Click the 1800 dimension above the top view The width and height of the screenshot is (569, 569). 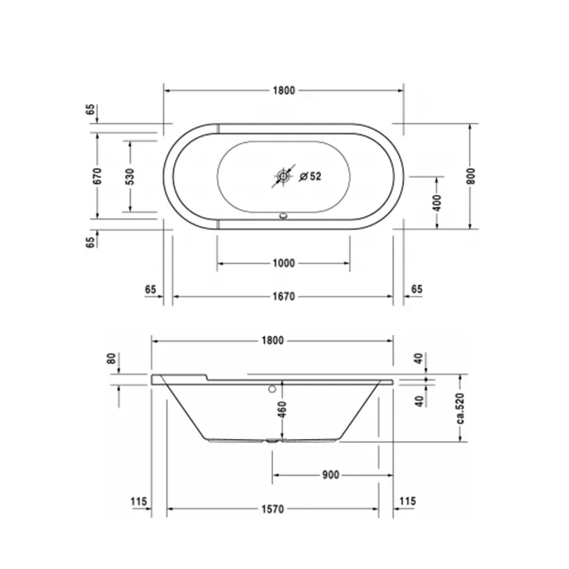click(284, 90)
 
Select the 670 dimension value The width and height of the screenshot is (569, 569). click(98, 176)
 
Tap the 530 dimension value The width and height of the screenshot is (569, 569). click(130, 176)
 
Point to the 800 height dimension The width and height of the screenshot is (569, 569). click(471, 176)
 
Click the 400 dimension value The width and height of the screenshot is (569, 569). click(437, 203)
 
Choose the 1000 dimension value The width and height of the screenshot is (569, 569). click(284, 263)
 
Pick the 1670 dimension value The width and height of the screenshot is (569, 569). click(284, 297)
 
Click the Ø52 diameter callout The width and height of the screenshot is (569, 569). click(311, 176)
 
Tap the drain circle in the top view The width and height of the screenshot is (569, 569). click(283, 176)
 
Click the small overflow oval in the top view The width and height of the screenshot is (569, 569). click(284, 216)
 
